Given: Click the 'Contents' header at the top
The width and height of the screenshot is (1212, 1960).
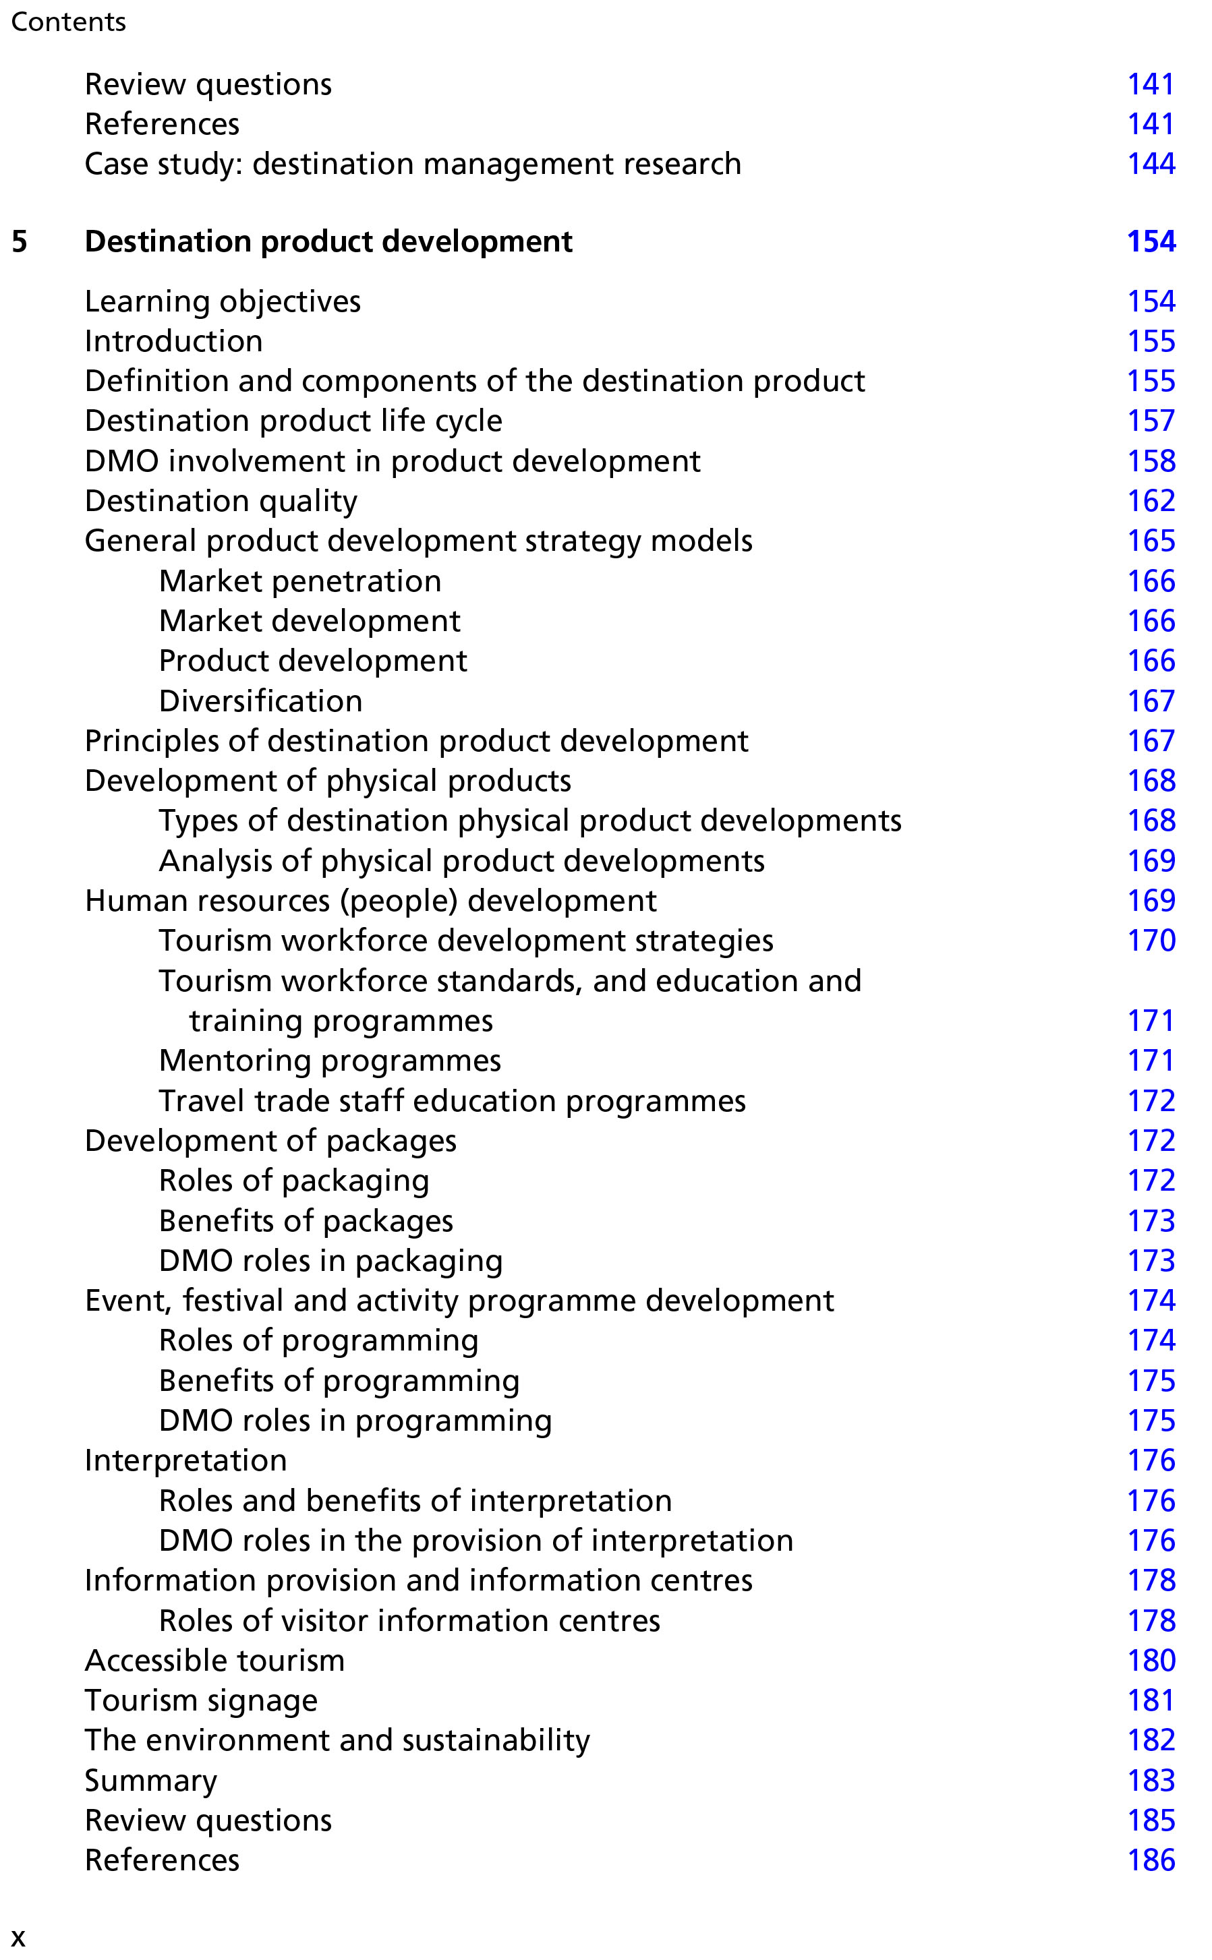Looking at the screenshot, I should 68,22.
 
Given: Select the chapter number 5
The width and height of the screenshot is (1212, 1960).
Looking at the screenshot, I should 20,242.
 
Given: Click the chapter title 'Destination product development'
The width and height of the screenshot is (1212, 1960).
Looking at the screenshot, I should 328,242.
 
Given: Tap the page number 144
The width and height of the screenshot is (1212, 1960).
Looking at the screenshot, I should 1151,165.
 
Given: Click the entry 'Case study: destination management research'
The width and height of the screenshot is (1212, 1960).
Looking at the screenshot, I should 413,165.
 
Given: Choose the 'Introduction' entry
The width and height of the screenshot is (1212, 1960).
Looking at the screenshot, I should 174,341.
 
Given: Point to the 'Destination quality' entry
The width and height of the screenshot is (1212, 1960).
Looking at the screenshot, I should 221,502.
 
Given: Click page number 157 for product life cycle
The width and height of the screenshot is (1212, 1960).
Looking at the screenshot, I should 1151,421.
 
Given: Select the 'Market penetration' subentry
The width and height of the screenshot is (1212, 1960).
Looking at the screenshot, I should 299,582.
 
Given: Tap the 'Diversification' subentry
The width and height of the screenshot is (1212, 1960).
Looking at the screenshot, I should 260,702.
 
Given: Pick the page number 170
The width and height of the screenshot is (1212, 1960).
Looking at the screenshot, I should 1151,941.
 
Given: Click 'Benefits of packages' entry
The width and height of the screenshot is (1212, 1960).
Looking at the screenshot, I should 306,1221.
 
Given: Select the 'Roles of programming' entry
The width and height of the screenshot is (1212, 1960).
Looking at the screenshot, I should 318,1340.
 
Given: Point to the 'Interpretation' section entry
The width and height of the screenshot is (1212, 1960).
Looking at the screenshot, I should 186,1461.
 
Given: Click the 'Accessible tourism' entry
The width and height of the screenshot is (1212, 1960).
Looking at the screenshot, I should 215,1661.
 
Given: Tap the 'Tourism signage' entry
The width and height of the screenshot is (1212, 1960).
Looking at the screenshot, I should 201,1700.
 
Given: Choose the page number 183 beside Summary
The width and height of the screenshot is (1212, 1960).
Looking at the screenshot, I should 1151,1781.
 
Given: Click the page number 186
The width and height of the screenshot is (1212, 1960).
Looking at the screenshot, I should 1151,1860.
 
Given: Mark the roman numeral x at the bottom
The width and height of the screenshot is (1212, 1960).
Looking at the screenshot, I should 18,1938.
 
